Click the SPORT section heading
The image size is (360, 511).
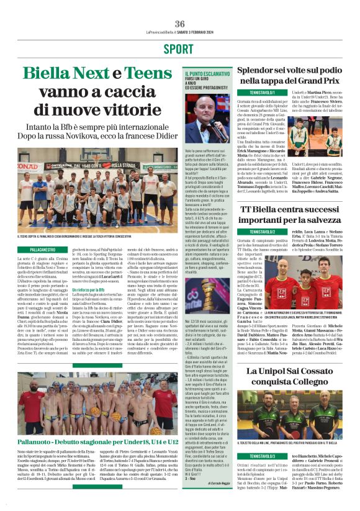coord(180,49)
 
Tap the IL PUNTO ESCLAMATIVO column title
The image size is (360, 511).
coord(204,75)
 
